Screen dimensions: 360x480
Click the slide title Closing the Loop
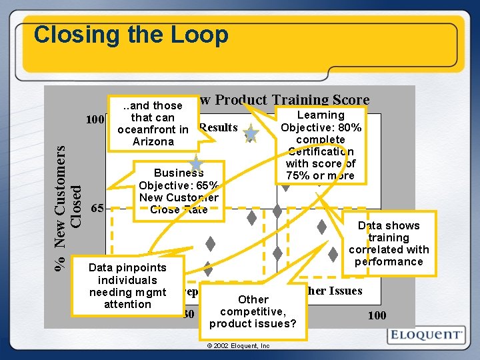tap(131, 35)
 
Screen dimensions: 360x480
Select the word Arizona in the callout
tap(153, 141)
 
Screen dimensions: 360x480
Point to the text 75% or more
tap(321, 175)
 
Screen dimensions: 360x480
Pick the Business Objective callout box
tap(179, 191)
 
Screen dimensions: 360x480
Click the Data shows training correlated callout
tap(389, 243)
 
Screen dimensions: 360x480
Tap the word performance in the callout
tap(389, 261)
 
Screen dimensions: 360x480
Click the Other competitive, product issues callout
tap(253, 311)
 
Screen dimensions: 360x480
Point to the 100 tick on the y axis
tap(95, 120)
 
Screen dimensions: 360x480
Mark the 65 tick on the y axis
tap(97, 208)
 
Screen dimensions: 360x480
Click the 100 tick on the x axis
tap(377, 315)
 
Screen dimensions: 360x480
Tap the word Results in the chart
tap(218, 127)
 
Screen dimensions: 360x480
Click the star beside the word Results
tap(251, 134)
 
